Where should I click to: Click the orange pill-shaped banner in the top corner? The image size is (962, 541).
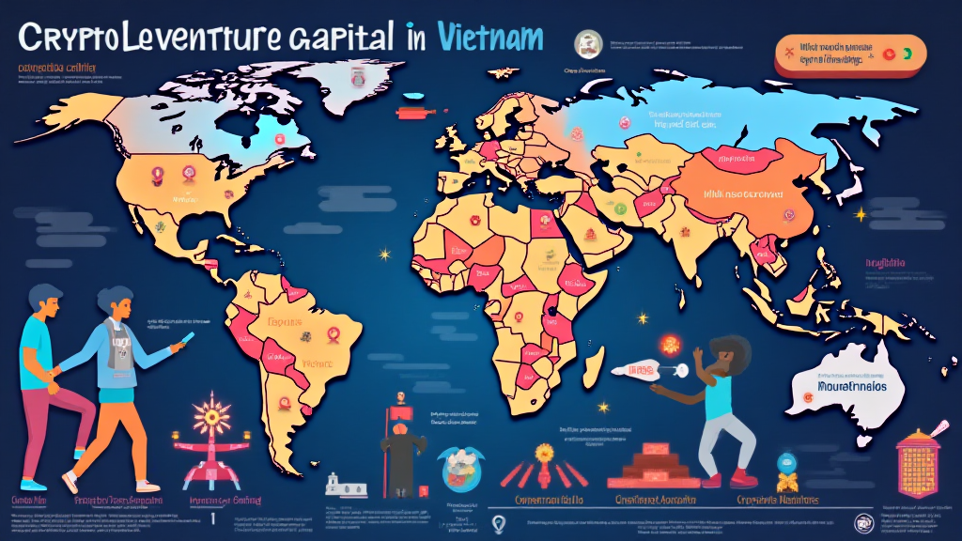pyautogui.click(x=846, y=54)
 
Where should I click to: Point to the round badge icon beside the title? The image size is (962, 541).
pyautogui.click(x=589, y=42)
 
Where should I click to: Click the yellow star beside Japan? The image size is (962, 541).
pyautogui.click(x=859, y=215)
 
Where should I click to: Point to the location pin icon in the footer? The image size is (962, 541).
pyautogui.click(x=499, y=523)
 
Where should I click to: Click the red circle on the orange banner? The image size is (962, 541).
pyautogui.click(x=887, y=55)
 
